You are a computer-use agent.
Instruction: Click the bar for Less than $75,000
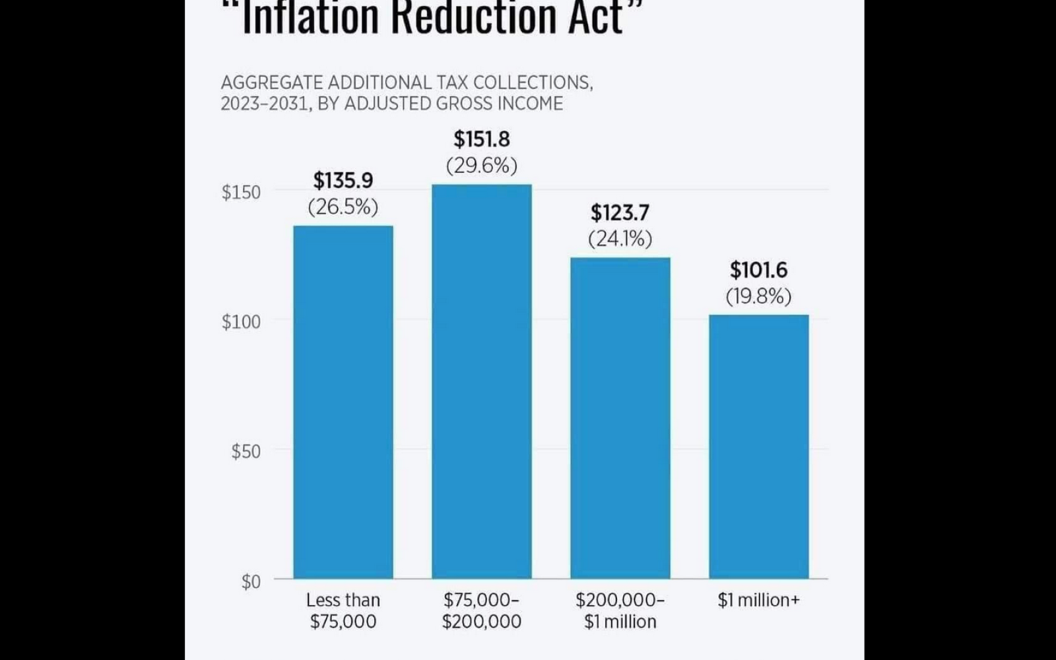[x=343, y=402]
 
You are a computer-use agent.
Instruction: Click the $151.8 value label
[x=482, y=139]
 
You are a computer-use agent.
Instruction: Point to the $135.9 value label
[x=343, y=180]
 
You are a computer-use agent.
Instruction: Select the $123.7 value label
[x=620, y=213]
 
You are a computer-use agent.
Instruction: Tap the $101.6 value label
[x=759, y=270]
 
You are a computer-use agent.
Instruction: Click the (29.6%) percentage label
[x=482, y=165]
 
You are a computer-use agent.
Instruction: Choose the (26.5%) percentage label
[x=343, y=207]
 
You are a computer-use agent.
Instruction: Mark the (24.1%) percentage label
[x=620, y=238]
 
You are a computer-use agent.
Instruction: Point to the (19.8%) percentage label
[x=759, y=296]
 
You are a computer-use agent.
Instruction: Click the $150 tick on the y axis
[x=241, y=192]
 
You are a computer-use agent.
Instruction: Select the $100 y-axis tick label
[x=241, y=322]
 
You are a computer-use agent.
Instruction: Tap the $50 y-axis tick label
[x=246, y=451]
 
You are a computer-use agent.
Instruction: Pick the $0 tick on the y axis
[x=251, y=581]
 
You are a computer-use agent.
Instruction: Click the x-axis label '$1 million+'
[x=759, y=600]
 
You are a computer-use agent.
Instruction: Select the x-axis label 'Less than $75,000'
[x=343, y=610]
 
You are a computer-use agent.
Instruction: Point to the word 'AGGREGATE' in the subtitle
[x=272, y=82]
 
